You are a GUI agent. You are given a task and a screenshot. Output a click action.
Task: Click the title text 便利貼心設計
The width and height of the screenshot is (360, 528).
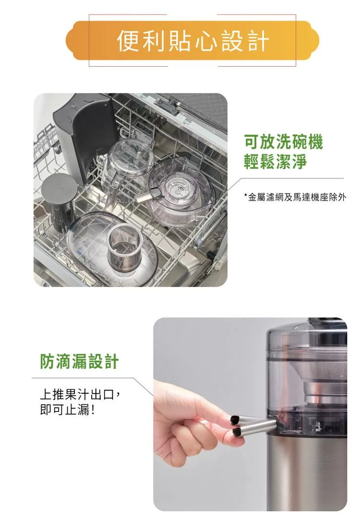pos(193,40)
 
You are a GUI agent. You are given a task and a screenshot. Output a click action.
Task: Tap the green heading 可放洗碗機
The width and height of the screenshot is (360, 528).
pos(283,141)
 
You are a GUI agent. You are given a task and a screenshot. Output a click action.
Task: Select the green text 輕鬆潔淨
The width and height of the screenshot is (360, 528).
pos(275,161)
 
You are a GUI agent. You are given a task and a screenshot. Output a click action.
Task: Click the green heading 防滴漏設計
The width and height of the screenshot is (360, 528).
pos(79,362)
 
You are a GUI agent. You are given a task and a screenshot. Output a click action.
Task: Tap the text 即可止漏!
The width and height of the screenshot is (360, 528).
pos(67,410)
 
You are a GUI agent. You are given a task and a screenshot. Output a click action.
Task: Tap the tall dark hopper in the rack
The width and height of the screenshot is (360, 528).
pos(84,135)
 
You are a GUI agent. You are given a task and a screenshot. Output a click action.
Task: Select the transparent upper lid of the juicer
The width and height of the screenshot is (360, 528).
pos(307,343)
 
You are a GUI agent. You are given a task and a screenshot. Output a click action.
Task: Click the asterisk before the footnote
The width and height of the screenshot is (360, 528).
pos(246,195)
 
